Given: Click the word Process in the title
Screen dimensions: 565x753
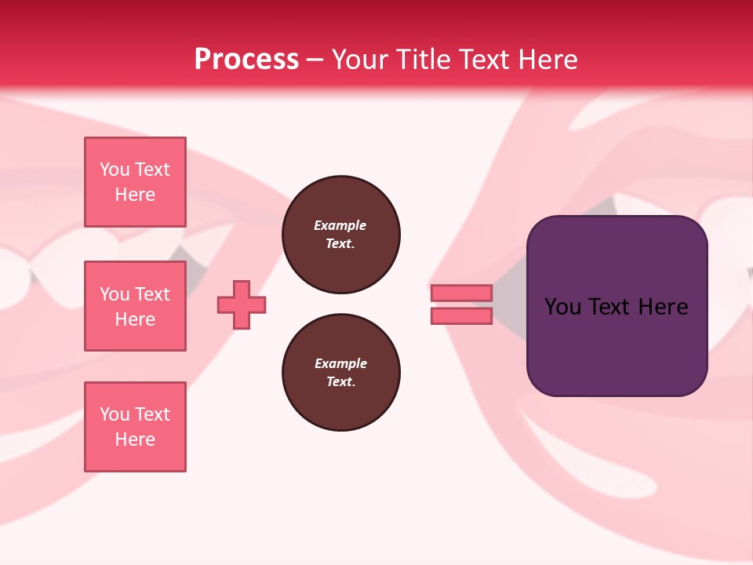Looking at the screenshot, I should pyautogui.click(x=246, y=60).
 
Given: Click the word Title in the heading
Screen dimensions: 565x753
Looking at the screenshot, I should pyautogui.click(x=423, y=60).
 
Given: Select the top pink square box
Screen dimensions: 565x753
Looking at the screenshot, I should pyautogui.click(x=135, y=182).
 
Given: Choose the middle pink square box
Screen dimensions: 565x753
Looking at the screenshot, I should pyautogui.click(x=135, y=306).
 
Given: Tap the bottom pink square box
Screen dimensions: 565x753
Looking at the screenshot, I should pyautogui.click(x=135, y=427).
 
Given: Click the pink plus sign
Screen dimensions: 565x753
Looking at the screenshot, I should pyautogui.click(x=242, y=305).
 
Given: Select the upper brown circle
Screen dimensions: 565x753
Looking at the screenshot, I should pyautogui.click(x=341, y=235).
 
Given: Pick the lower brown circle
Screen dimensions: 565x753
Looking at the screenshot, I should pyautogui.click(x=341, y=373).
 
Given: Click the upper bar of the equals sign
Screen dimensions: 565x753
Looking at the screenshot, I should pyautogui.click(x=461, y=293).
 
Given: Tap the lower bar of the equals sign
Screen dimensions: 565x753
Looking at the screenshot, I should pyautogui.click(x=461, y=316).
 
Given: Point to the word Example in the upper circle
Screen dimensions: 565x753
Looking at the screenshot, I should pyautogui.click(x=340, y=226).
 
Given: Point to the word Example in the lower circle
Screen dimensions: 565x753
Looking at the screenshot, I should pyautogui.click(x=340, y=364).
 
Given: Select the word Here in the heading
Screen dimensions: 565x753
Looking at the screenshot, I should pyautogui.click(x=547, y=60).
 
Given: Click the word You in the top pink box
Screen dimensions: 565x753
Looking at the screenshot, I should pyautogui.click(x=115, y=169).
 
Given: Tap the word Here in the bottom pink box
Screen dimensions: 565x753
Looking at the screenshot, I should pyautogui.click(x=135, y=439).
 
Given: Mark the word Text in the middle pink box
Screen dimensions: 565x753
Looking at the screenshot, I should pyautogui.click(x=152, y=294).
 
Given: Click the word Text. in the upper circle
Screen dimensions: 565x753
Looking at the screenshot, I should pyautogui.click(x=340, y=244).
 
